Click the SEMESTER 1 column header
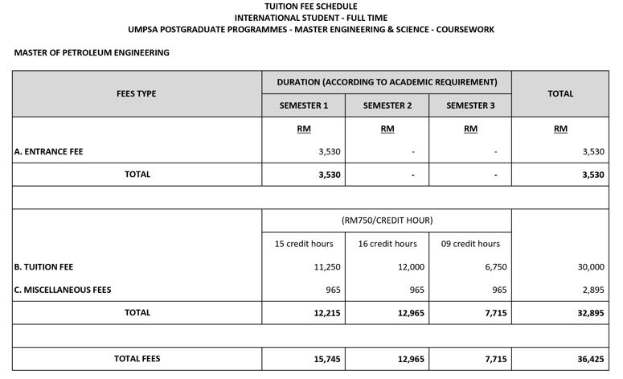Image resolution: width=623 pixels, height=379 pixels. (304, 105)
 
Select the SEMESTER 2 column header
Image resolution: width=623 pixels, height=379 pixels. (387, 105)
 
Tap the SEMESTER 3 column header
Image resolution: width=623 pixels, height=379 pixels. (470, 105)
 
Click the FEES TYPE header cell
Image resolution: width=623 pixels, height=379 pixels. (137, 93)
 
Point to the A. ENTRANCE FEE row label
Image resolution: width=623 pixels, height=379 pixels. (49, 151)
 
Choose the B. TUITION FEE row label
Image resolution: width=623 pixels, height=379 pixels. (44, 266)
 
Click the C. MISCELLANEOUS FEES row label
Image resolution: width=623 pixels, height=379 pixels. (63, 290)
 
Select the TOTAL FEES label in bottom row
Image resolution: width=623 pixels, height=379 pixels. (137, 358)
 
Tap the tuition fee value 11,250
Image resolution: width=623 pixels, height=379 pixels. (319, 267)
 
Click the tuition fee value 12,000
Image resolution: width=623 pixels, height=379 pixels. (402, 267)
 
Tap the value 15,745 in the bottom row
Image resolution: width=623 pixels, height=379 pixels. (319, 359)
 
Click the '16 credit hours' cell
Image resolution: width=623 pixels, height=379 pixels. (387, 244)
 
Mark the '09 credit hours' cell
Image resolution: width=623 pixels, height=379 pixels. (470, 244)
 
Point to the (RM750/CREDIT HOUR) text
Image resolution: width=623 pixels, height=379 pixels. (387, 220)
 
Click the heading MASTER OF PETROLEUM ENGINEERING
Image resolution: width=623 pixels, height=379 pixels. (92, 53)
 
